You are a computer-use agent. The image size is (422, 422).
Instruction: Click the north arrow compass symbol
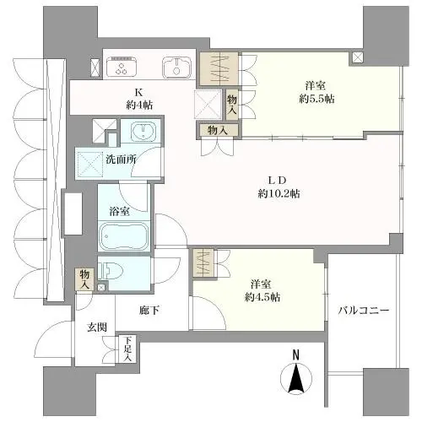click(x=296, y=378)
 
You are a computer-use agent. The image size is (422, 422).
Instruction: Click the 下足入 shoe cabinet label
click(x=127, y=349)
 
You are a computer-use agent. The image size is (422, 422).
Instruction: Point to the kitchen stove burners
click(x=126, y=68)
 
